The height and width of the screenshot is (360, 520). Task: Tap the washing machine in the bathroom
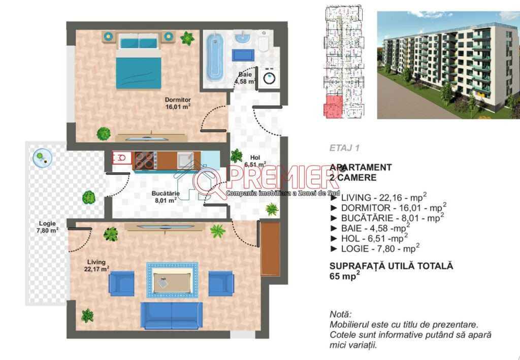point(269,78)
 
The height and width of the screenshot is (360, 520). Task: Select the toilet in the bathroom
point(264,41)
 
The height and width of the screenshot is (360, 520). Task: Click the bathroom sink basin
point(243,38)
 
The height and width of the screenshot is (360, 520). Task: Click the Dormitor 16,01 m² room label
point(178,103)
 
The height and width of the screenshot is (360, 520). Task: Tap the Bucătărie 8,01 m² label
point(166,197)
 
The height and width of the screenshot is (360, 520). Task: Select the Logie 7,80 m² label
point(47,227)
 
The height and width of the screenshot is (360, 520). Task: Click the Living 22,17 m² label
point(96,266)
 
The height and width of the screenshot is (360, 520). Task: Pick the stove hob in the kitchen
point(144,160)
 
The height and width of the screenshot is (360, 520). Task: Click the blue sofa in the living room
point(172,316)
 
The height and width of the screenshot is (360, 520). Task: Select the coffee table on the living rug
point(172,280)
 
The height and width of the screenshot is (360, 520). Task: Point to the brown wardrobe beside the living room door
point(270,249)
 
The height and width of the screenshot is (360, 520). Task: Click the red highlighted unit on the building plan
point(333,106)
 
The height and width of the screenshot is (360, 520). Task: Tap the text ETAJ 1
point(344,148)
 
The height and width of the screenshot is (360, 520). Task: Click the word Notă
point(340,314)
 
